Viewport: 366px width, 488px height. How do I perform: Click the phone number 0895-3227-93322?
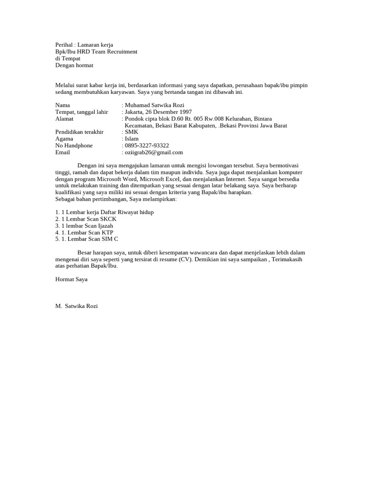147,145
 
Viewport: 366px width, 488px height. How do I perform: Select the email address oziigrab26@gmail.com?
154,152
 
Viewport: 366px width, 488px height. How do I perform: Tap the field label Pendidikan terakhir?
79,132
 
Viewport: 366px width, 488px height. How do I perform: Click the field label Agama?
64,139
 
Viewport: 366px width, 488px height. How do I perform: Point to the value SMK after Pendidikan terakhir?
131,132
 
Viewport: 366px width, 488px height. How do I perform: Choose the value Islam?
132,139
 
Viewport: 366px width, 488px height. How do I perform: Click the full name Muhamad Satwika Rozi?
154,105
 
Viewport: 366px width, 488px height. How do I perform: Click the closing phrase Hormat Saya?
71,279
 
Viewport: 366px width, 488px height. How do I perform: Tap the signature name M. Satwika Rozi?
77,306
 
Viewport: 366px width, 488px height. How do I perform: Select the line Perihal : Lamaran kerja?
84,45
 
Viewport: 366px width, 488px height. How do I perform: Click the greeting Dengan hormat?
74,65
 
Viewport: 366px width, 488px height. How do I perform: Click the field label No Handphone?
74,145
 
